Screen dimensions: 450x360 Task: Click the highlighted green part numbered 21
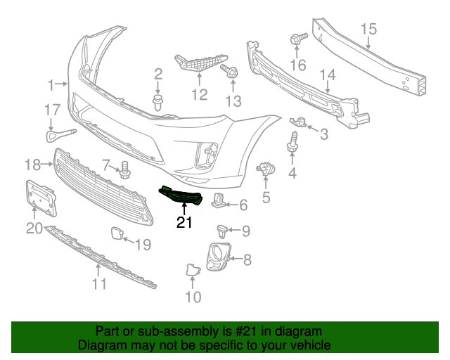tap(182, 196)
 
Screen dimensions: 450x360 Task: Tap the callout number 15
tap(368, 29)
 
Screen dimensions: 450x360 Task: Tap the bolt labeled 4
tap(290, 146)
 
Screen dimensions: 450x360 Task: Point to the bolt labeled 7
tap(126, 168)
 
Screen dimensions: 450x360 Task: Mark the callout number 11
tap(99, 284)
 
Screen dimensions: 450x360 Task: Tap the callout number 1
tap(51, 85)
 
